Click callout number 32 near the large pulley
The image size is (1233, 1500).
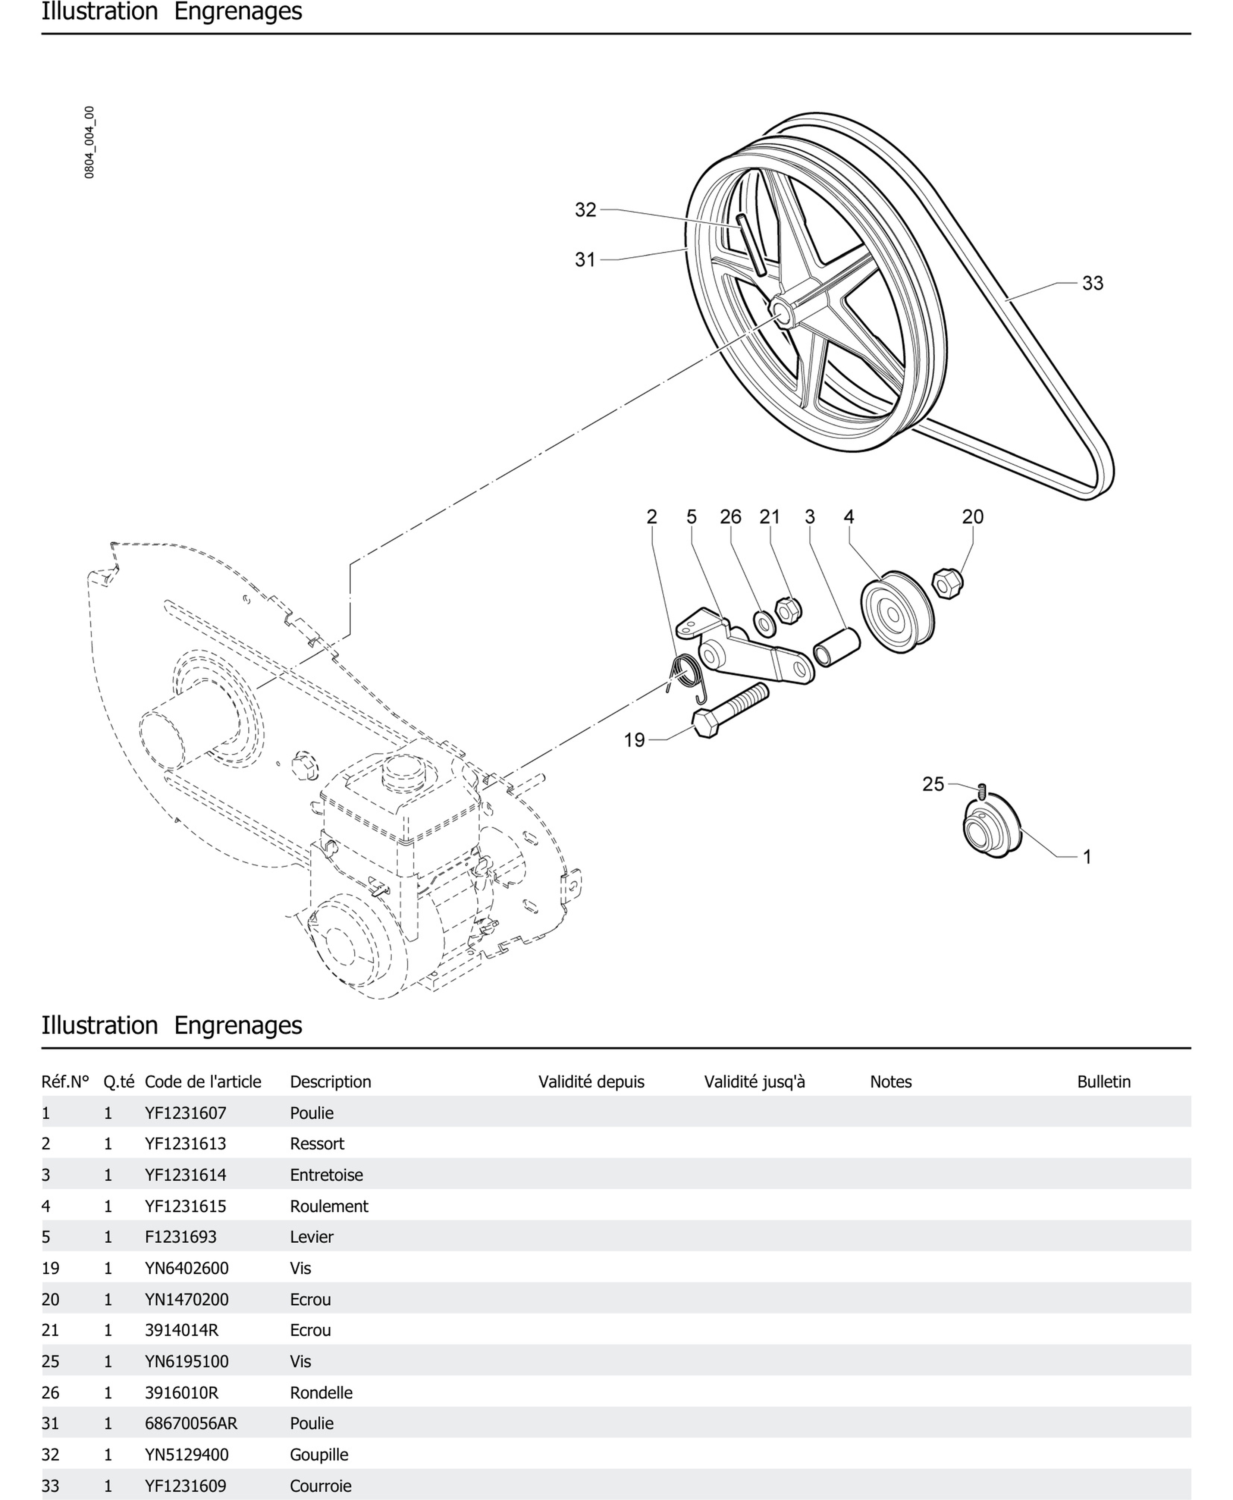coord(585,210)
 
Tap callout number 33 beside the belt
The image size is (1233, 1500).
coord(1092,283)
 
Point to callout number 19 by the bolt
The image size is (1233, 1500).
coord(634,740)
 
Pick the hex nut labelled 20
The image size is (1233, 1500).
coord(946,583)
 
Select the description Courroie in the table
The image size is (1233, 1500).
coord(320,1486)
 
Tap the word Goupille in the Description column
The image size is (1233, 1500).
coord(319,1455)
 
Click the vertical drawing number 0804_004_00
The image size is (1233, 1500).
coord(90,142)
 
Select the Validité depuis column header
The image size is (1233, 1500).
coord(591,1082)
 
